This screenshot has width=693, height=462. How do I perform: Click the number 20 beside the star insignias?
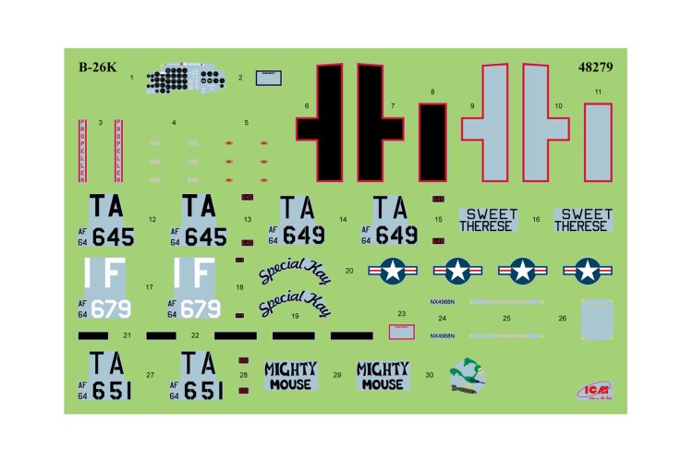(x=349, y=271)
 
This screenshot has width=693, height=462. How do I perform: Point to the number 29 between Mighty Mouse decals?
(x=337, y=375)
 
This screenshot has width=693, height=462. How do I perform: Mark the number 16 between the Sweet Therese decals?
(x=536, y=220)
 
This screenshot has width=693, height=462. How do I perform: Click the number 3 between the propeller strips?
(x=100, y=122)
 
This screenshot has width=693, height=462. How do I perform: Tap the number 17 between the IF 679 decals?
(x=149, y=287)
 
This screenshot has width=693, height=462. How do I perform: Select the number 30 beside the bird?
(x=429, y=375)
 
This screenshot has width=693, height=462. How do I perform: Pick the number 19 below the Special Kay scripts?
(x=295, y=316)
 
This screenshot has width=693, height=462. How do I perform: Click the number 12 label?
(x=150, y=220)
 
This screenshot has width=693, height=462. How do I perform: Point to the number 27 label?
(x=150, y=375)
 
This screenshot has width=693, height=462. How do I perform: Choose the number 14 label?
(x=343, y=220)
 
